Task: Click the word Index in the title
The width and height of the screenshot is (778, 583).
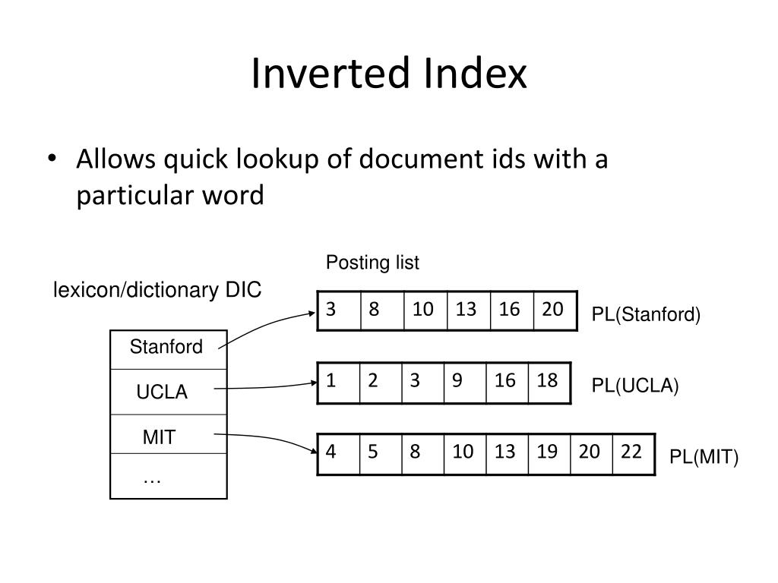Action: [x=476, y=74]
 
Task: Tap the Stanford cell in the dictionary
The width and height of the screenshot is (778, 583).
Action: [x=168, y=349]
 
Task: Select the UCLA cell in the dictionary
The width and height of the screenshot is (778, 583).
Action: [x=168, y=392]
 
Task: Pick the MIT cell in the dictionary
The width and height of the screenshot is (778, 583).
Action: [x=168, y=433]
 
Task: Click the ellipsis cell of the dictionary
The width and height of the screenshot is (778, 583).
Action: [x=168, y=476]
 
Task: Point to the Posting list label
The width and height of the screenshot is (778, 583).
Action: [x=372, y=263]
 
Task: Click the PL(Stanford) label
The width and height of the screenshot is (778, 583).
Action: [x=646, y=314]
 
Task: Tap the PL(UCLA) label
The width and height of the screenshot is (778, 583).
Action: [x=634, y=386]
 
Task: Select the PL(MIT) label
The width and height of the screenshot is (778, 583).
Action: [x=704, y=456]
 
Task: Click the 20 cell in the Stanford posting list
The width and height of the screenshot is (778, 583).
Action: [x=555, y=310]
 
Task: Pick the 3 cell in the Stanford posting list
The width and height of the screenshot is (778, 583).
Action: [x=339, y=310]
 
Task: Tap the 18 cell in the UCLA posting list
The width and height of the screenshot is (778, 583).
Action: [x=549, y=383]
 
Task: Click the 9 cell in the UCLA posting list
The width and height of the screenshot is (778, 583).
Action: [x=465, y=383]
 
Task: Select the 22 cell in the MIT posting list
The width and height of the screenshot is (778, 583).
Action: [x=634, y=454]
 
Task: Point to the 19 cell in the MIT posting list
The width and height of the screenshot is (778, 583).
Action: [x=549, y=454]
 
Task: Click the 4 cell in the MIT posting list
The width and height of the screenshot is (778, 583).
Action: [x=338, y=454]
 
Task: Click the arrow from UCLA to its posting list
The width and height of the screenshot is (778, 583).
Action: [x=265, y=387]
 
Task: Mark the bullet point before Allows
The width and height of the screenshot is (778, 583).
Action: [x=52, y=159]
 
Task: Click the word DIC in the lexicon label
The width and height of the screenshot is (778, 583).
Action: [x=243, y=290]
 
